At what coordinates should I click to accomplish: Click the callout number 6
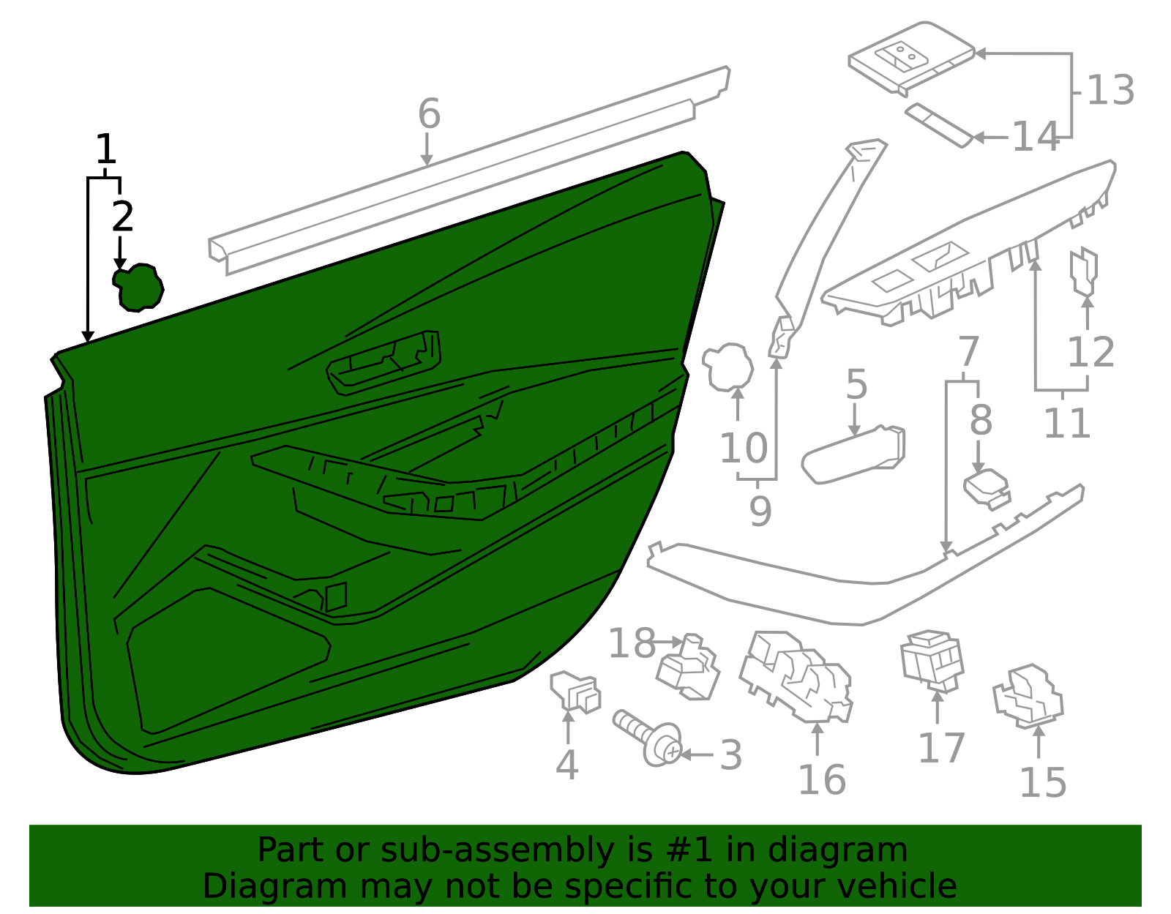429,113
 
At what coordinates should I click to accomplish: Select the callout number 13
1111,90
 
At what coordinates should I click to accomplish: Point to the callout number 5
857,385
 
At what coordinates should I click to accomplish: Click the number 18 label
632,643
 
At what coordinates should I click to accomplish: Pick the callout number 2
122,217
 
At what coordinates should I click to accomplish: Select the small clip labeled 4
575,693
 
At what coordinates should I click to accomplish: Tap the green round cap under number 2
138,288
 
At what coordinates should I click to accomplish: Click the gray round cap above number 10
727,367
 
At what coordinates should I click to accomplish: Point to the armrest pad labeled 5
853,455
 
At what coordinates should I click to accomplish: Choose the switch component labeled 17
932,661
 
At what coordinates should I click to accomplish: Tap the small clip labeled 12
1084,271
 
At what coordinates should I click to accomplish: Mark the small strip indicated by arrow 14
939,125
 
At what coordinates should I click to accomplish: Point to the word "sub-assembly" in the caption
497,850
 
